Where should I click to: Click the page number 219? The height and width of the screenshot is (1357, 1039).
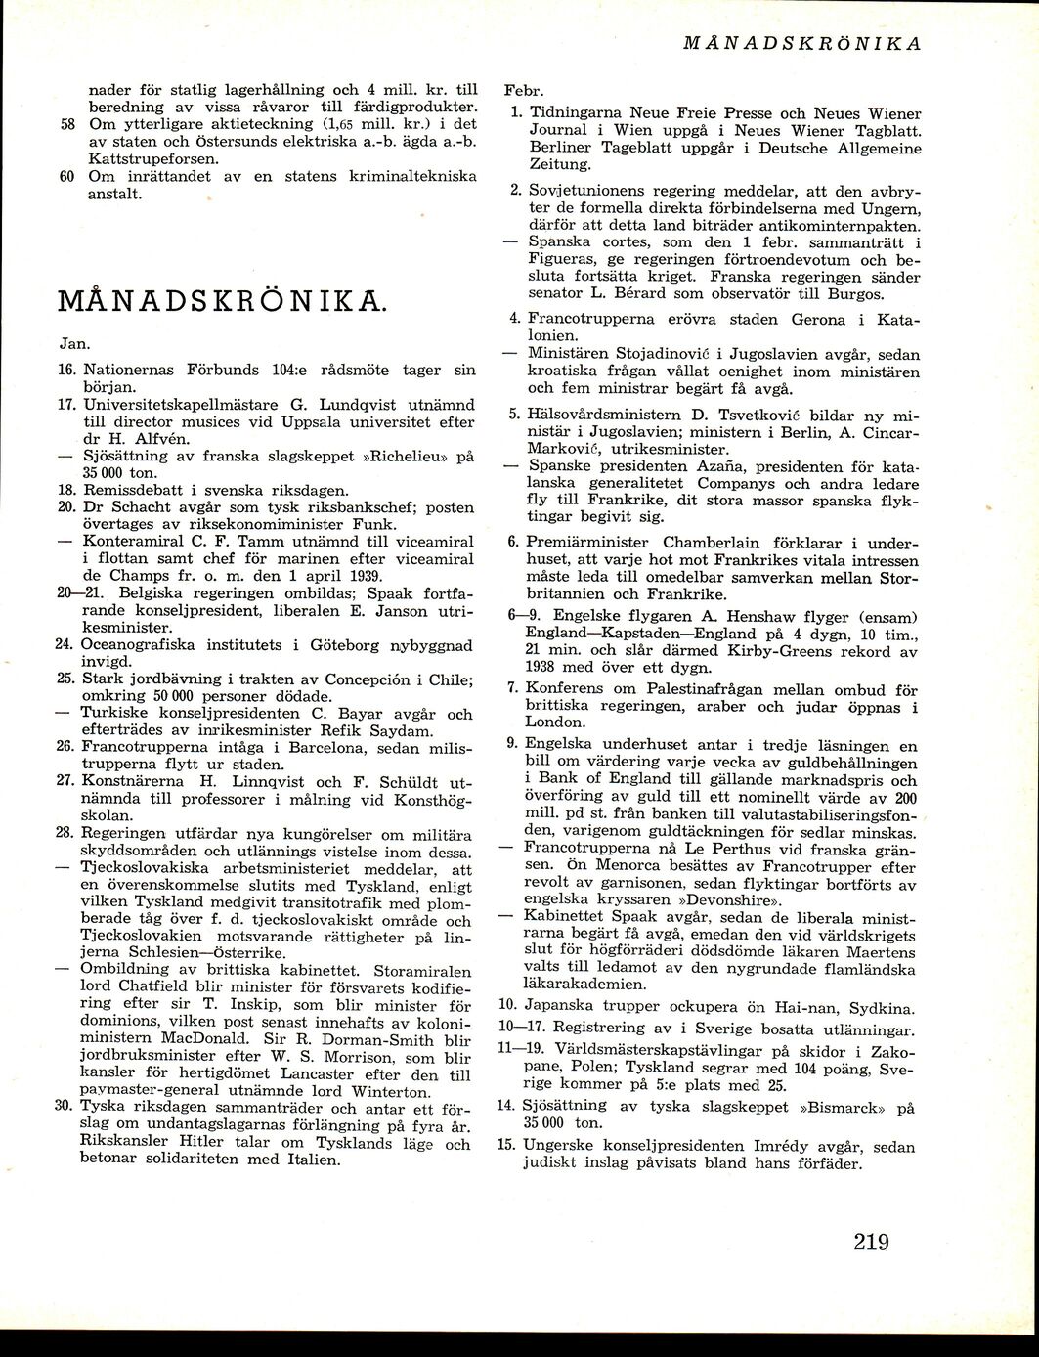coord(870,1242)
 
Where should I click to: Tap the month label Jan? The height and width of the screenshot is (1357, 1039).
coord(71,344)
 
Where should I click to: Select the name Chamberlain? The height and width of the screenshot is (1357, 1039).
coord(713,543)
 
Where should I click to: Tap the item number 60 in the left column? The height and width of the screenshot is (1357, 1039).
coord(66,177)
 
